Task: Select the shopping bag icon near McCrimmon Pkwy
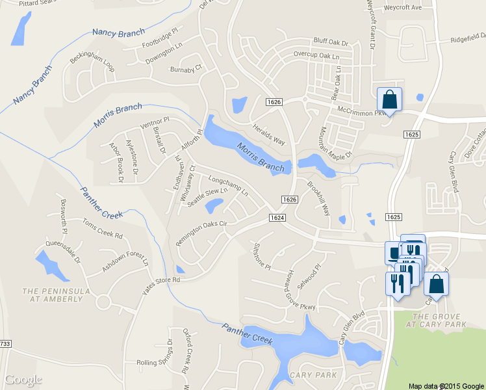coord(389,99)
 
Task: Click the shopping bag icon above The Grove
coord(436,284)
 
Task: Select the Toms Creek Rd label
coord(103,228)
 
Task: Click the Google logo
coord(23,380)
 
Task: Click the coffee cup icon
coord(394,252)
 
